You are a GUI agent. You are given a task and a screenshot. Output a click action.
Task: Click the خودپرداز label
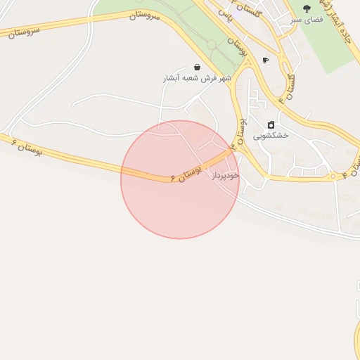coord(226,174)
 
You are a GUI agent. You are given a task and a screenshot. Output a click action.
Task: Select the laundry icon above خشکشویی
coord(271,124)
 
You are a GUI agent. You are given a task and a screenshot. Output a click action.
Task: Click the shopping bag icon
coord(197,67)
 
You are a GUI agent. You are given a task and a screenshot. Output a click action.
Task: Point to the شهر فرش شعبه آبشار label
coord(197,78)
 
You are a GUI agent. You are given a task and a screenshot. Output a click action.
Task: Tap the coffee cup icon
coord(265,60)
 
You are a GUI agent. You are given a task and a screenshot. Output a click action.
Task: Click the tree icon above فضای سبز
coord(307,8)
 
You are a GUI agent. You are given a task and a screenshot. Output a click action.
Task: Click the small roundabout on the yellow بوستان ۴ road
coord(333,177)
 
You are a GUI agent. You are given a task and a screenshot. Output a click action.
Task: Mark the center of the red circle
coord(180,179)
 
